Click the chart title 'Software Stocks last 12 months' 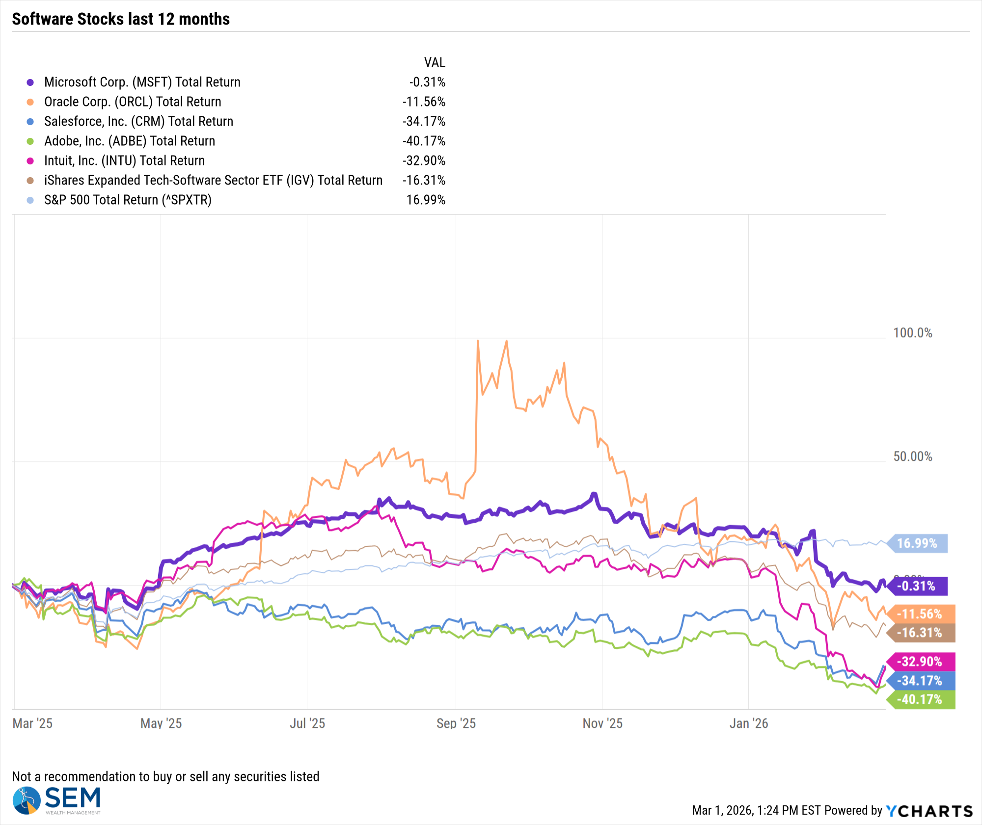click(121, 19)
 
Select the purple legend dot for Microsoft click(30, 82)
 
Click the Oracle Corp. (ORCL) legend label click(133, 102)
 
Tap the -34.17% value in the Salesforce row click(424, 121)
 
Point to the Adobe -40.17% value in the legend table click(424, 141)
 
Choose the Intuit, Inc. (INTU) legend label click(124, 160)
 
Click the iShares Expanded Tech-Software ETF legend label click(213, 180)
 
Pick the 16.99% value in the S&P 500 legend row click(426, 200)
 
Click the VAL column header click(435, 62)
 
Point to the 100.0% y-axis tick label click(912, 333)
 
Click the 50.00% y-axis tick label click(912, 456)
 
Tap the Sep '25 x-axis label click(456, 723)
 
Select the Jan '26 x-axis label click(748, 723)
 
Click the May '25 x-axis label click(161, 723)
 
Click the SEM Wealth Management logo click(56, 800)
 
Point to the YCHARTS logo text click(929, 811)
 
